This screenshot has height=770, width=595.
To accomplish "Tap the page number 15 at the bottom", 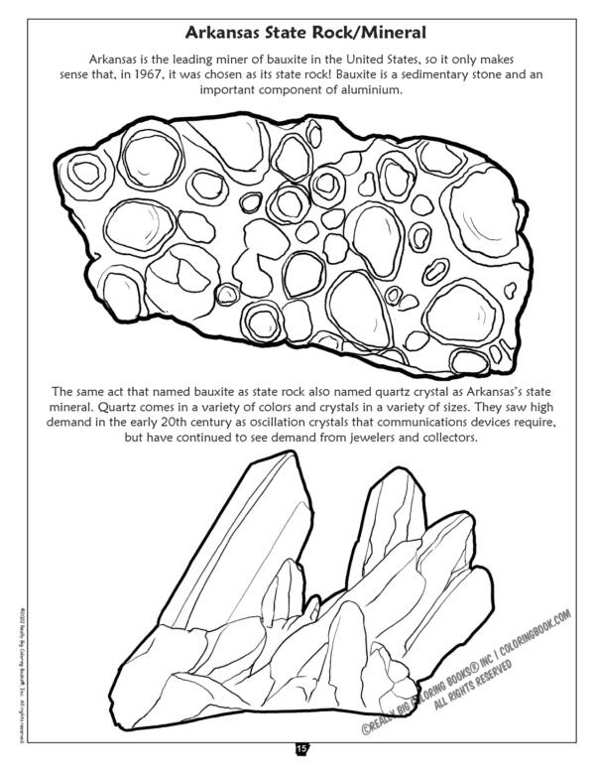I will (298, 747).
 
